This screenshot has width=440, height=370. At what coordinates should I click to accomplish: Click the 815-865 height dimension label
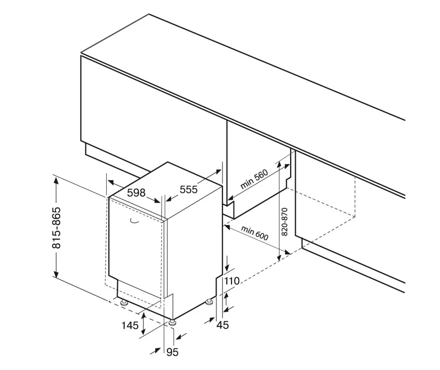point(57,228)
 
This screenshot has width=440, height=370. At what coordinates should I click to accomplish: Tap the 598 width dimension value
point(137,192)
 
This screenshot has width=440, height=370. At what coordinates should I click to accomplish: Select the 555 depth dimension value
point(189,189)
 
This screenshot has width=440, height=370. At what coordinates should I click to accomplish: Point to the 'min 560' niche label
point(254,179)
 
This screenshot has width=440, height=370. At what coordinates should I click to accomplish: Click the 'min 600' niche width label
point(254,233)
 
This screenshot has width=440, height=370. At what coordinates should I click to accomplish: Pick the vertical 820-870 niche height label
point(284,222)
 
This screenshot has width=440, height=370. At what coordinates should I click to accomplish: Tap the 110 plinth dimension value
point(232,280)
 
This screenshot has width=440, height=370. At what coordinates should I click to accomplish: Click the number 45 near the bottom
point(223,325)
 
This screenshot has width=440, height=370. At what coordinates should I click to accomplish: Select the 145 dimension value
point(130,325)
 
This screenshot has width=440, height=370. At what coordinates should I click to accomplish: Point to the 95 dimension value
point(172,352)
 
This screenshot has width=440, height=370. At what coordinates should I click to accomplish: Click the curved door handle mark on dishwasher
point(134,221)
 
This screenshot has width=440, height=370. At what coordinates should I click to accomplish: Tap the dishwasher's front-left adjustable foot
point(124,302)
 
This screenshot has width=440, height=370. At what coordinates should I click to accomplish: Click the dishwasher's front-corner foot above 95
point(172,323)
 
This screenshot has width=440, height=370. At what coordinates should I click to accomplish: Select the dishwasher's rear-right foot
point(210,302)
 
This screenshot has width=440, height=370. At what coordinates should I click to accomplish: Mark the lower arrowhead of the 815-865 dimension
point(57,274)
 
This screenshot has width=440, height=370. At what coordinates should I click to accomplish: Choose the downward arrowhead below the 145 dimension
point(143,331)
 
